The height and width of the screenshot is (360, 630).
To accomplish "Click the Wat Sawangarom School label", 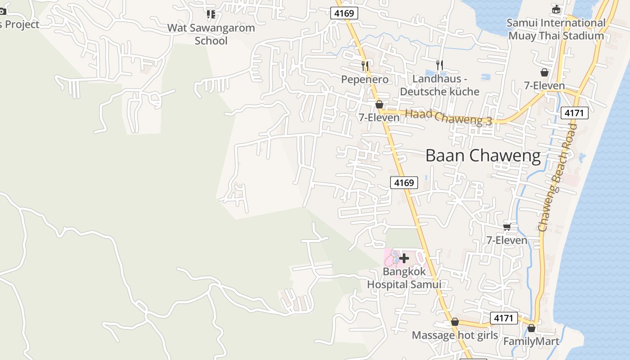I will (x=211, y=34).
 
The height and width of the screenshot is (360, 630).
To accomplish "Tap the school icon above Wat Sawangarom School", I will (x=211, y=14).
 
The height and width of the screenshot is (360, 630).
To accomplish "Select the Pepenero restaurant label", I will (x=364, y=80).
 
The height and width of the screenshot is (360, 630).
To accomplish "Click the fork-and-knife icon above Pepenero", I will (x=365, y=66).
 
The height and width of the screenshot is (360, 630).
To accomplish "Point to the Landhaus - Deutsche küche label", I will (x=440, y=85).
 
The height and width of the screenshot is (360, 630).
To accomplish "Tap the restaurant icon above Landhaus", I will (x=440, y=65).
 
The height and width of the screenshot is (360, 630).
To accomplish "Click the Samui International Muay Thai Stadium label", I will (x=556, y=29).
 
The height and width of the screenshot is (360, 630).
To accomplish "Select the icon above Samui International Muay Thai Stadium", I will (x=557, y=9).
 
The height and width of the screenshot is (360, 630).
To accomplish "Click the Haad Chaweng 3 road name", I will (x=448, y=117).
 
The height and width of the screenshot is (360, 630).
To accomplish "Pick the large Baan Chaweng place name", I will (x=483, y=156).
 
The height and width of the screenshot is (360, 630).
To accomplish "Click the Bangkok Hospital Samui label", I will (x=404, y=278).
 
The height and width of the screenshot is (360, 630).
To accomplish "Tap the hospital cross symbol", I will (x=404, y=258).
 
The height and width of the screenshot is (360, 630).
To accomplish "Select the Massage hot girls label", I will (x=455, y=335).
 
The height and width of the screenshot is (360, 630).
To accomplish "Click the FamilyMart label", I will (x=531, y=342).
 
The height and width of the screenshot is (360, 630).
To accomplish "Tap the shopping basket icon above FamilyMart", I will (x=531, y=328).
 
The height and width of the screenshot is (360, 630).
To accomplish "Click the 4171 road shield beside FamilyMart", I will (x=504, y=318).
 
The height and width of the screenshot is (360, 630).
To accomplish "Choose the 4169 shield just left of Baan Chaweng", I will (x=404, y=182).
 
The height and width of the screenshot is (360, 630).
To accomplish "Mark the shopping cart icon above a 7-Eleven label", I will (x=507, y=227).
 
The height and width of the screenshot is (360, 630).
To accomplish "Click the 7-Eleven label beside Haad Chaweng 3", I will (x=379, y=117).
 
